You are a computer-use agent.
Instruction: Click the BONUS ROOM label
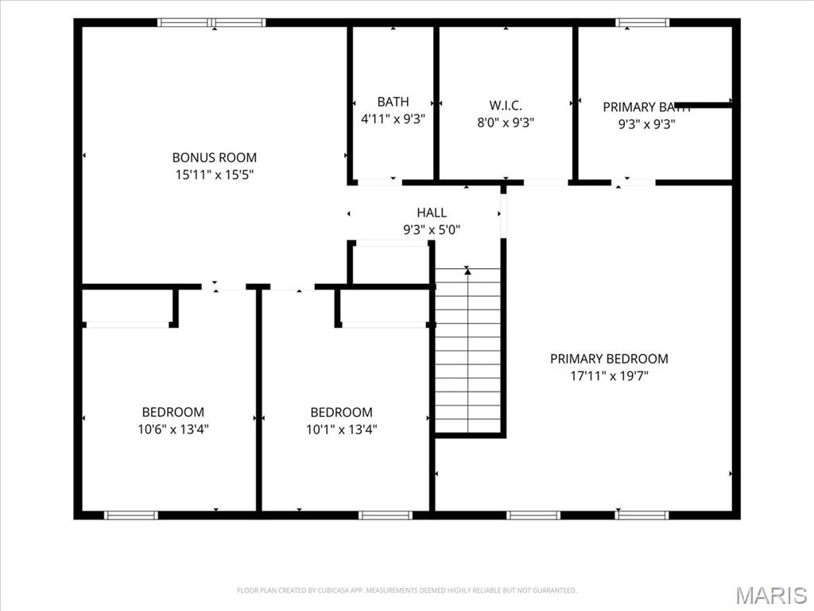[215, 158]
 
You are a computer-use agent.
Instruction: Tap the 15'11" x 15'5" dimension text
[215, 174]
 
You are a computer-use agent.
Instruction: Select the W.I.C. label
[506, 106]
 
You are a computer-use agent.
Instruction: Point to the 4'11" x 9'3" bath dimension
[393, 119]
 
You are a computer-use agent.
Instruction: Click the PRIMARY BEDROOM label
[609, 359]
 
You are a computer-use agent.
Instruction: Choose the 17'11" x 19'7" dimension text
[610, 376]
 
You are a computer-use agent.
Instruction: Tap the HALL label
[432, 212]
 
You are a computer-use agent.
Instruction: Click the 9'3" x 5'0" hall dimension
[432, 230]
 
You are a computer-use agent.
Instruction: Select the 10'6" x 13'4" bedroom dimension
[172, 429]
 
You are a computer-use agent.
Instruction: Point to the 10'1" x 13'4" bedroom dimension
[341, 429]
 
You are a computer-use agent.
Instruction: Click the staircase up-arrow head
[467, 270]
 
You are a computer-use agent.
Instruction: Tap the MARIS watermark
[771, 595]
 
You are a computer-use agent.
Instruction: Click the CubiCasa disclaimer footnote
[406, 590]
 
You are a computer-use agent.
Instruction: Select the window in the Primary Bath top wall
[642, 22]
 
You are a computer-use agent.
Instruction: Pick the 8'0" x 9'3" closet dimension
[506, 123]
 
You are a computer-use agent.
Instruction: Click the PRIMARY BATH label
[647, 107]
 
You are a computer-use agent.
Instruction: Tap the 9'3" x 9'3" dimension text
[647, 124]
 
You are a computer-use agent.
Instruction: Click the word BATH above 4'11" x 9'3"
[393, 102]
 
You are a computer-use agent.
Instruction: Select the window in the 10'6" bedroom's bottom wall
[130, 515]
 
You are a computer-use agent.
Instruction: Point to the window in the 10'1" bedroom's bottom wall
[386, 515]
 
